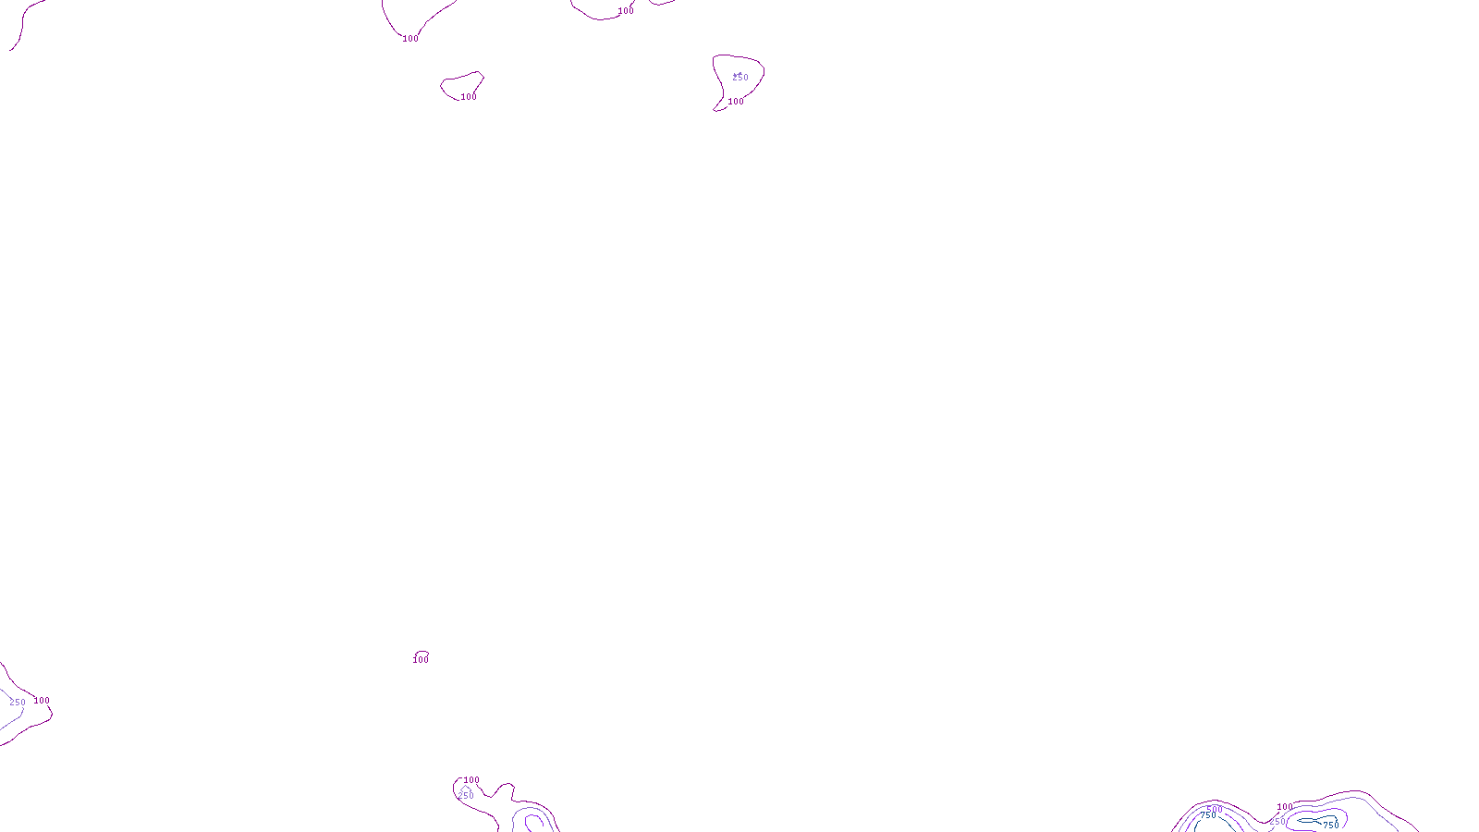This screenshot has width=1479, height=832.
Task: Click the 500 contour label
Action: [x=1215, y=810]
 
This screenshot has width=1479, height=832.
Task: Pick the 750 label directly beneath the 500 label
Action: [x=1208, y=816]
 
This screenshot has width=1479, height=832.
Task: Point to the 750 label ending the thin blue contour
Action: [x=1330, y=825]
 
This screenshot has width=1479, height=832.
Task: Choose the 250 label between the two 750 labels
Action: [x=1277, y=822]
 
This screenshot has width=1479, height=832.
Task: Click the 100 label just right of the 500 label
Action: [x=1284, y=807]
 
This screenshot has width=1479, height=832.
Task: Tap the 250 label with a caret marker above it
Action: [x=466, y=796]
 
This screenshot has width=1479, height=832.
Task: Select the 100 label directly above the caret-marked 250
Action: [x=471, y=780]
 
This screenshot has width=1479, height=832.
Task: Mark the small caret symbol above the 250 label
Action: [x=464, y=789]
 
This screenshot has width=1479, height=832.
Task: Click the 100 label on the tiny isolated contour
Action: [x=421, y=660]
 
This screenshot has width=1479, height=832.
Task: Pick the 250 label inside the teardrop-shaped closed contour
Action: [x=740, y=78]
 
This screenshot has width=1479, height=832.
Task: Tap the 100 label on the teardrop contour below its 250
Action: [x=736, y=102]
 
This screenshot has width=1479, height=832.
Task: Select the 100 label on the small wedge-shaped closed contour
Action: [x=469, y=97]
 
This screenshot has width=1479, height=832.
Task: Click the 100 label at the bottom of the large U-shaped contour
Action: [x=410, y=39]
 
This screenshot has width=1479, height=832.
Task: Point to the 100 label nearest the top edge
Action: [x=626, y=11]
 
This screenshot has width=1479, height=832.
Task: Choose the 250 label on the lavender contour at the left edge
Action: [x=18, y=703]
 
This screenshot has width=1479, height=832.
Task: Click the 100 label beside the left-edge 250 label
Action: [x=42, y=701]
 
